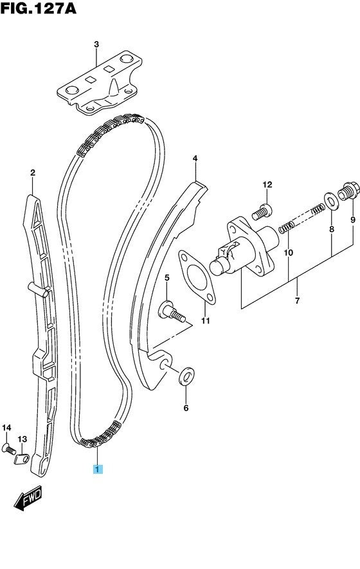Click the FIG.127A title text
(39, 8)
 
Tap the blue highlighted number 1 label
(98, 469)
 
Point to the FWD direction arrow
(28, 499)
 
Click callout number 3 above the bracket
(96, 44)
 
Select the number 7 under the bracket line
(297, 301)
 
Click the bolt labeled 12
(262, 212)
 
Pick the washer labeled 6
(186, 377)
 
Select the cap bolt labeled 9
(348, 191)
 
